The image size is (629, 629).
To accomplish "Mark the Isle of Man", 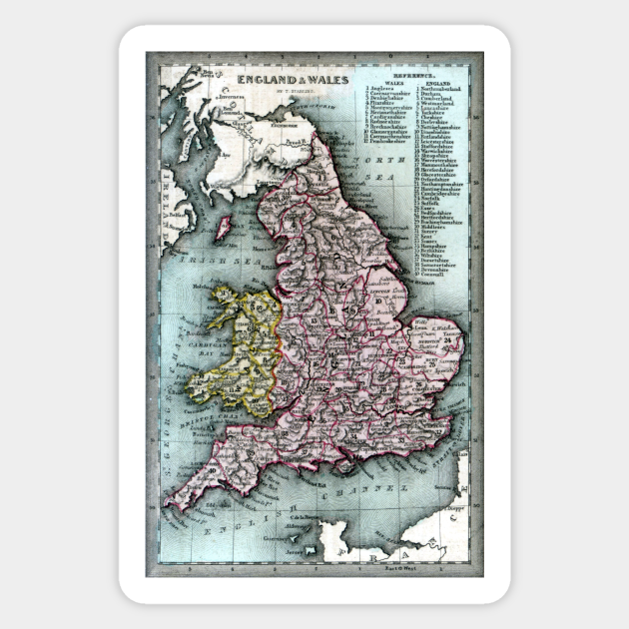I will [x=225, y=227].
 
